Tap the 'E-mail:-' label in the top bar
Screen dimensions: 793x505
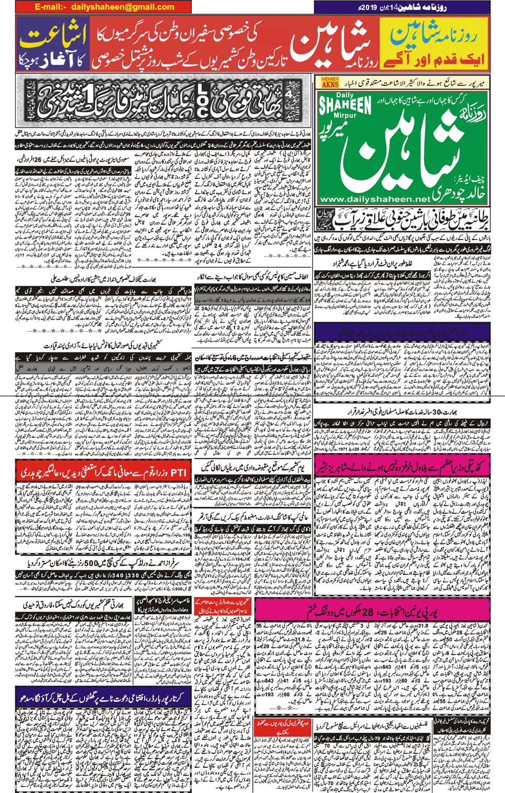(x=51, y=7)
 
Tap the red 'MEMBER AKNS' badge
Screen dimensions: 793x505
(x=330, y=82)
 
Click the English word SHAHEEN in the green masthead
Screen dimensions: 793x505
(x=345, y=105)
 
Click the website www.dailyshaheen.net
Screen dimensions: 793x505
(x=374, y=199)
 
